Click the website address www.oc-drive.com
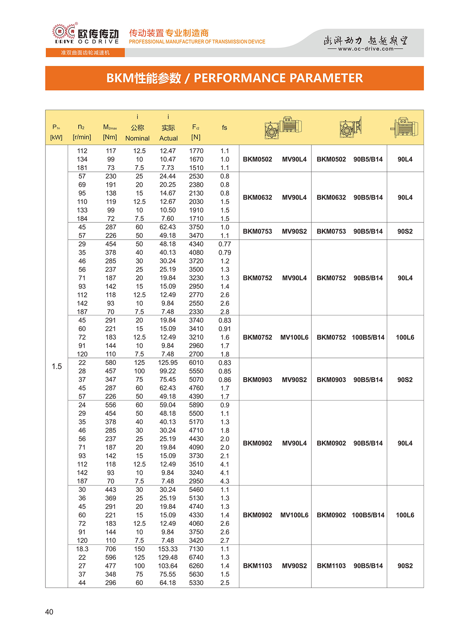(x=365, y=49)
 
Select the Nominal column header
(x=137, y=138)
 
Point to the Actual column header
(x=168, y=138)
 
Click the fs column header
(x=225, y=128)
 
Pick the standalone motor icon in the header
(x=405, y=128)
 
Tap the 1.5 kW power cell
(x=57, y=366)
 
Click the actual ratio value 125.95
(x=168, y=362)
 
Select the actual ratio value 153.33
(x=168, y=549)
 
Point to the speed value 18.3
(x=82, y=549)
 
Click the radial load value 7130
(x=196, y=549)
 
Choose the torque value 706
(x=111, y=549)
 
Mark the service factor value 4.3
(x=225, y=481)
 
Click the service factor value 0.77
(x=225, y=244)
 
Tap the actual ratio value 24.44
(x=167, y=176)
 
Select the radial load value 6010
(x=196, y=362)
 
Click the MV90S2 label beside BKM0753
(x=294, y=231)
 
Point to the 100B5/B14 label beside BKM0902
(x=368, y=515)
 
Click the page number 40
(x=49, y=612)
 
